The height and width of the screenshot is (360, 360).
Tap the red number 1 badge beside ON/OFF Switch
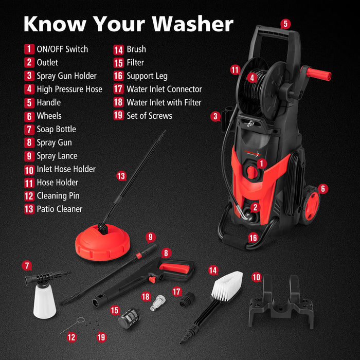tap(29, 49)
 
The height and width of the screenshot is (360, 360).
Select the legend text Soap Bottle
tap(56, 129)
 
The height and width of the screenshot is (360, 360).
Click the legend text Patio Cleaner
tap(59, 209)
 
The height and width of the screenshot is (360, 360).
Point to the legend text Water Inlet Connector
tap(164, 89)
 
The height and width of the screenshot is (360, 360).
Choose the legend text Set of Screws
tap(149, 116)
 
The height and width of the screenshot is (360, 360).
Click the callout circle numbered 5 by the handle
tap(285, 24)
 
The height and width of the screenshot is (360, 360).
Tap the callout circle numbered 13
tap(121, 176)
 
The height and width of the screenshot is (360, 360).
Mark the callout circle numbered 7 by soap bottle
tap(27, 266)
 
